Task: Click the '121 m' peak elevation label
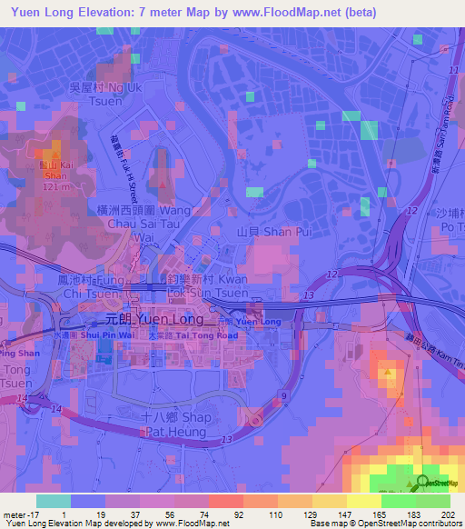click(55, 186)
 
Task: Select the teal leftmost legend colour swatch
click(53, 501)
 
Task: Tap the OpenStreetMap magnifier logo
click(425, 484)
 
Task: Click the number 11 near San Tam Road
click(453, 70)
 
